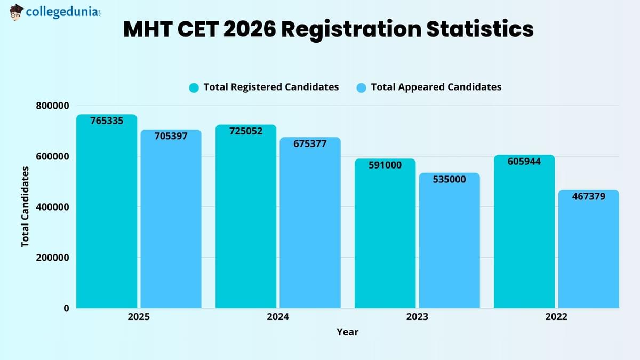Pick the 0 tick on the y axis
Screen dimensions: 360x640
(x=66, y=308)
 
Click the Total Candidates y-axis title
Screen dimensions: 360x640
(x=25, y=206)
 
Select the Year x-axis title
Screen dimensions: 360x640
(x=347, y=332)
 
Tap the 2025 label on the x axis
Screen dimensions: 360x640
(x=139, y=317)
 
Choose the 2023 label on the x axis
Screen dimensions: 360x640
(x=417, y=317)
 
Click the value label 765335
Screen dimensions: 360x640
(x=107, y=121)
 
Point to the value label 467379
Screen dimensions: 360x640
(x=589, y=197)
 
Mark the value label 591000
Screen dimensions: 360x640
(x=385, y=165)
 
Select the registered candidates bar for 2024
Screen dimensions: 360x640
(x=246, y=224)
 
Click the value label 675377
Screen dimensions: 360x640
(x=310, y=143)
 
